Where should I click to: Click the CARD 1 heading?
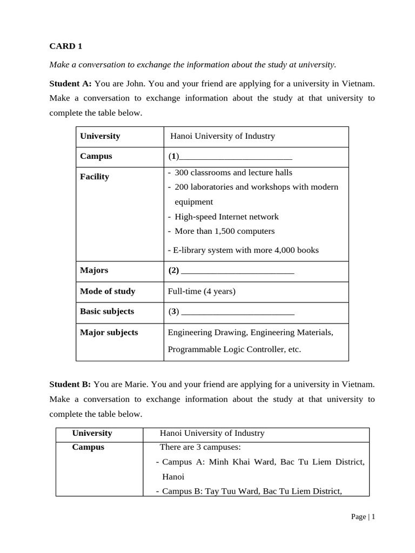tap(65, 46)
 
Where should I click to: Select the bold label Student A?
tap(70, 84)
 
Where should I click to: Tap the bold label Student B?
tap(70, 385)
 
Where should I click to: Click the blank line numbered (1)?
tap(235, 157)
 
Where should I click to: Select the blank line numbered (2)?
tap(237, 271)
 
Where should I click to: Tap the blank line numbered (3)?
tap(237, 312)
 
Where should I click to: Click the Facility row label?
tap(95, 177)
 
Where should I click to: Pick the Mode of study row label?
tap(108, 291)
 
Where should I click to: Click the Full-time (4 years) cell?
tap(202, 291)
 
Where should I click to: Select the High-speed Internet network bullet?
tap(226, 217)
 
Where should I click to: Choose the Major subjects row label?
tap(109, 332)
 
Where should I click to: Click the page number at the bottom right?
tap(363, 517)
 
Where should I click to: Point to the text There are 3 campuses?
tap(200, 447)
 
